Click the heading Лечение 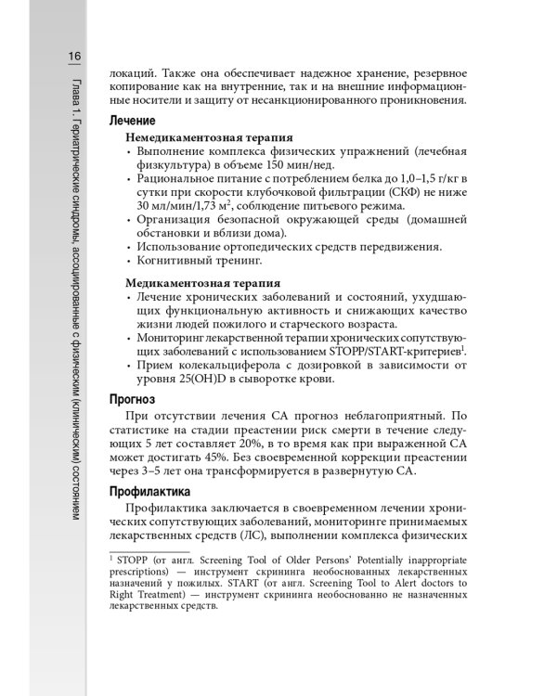[133, 121]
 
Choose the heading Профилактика [149, 490]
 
